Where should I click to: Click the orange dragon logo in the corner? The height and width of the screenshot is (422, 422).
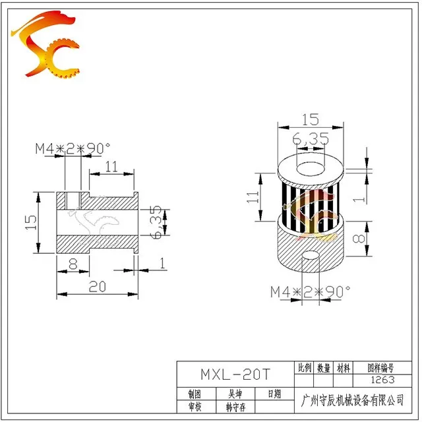click(45, 44)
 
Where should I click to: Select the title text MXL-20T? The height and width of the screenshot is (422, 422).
click(235, 375)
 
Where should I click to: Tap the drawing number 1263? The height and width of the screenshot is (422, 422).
click(382, 380)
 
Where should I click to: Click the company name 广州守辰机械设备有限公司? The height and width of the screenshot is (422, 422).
click(353, 400)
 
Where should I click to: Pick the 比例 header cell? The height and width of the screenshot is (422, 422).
click(305, 368)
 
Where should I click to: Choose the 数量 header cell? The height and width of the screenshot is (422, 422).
click(324, 368)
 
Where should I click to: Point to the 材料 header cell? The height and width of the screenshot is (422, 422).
click(344, 368)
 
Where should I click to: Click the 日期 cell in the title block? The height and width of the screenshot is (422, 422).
click(274, 394)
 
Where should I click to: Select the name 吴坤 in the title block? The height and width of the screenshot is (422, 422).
click(235, 394)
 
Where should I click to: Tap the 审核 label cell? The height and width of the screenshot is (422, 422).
click(195, 407)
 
